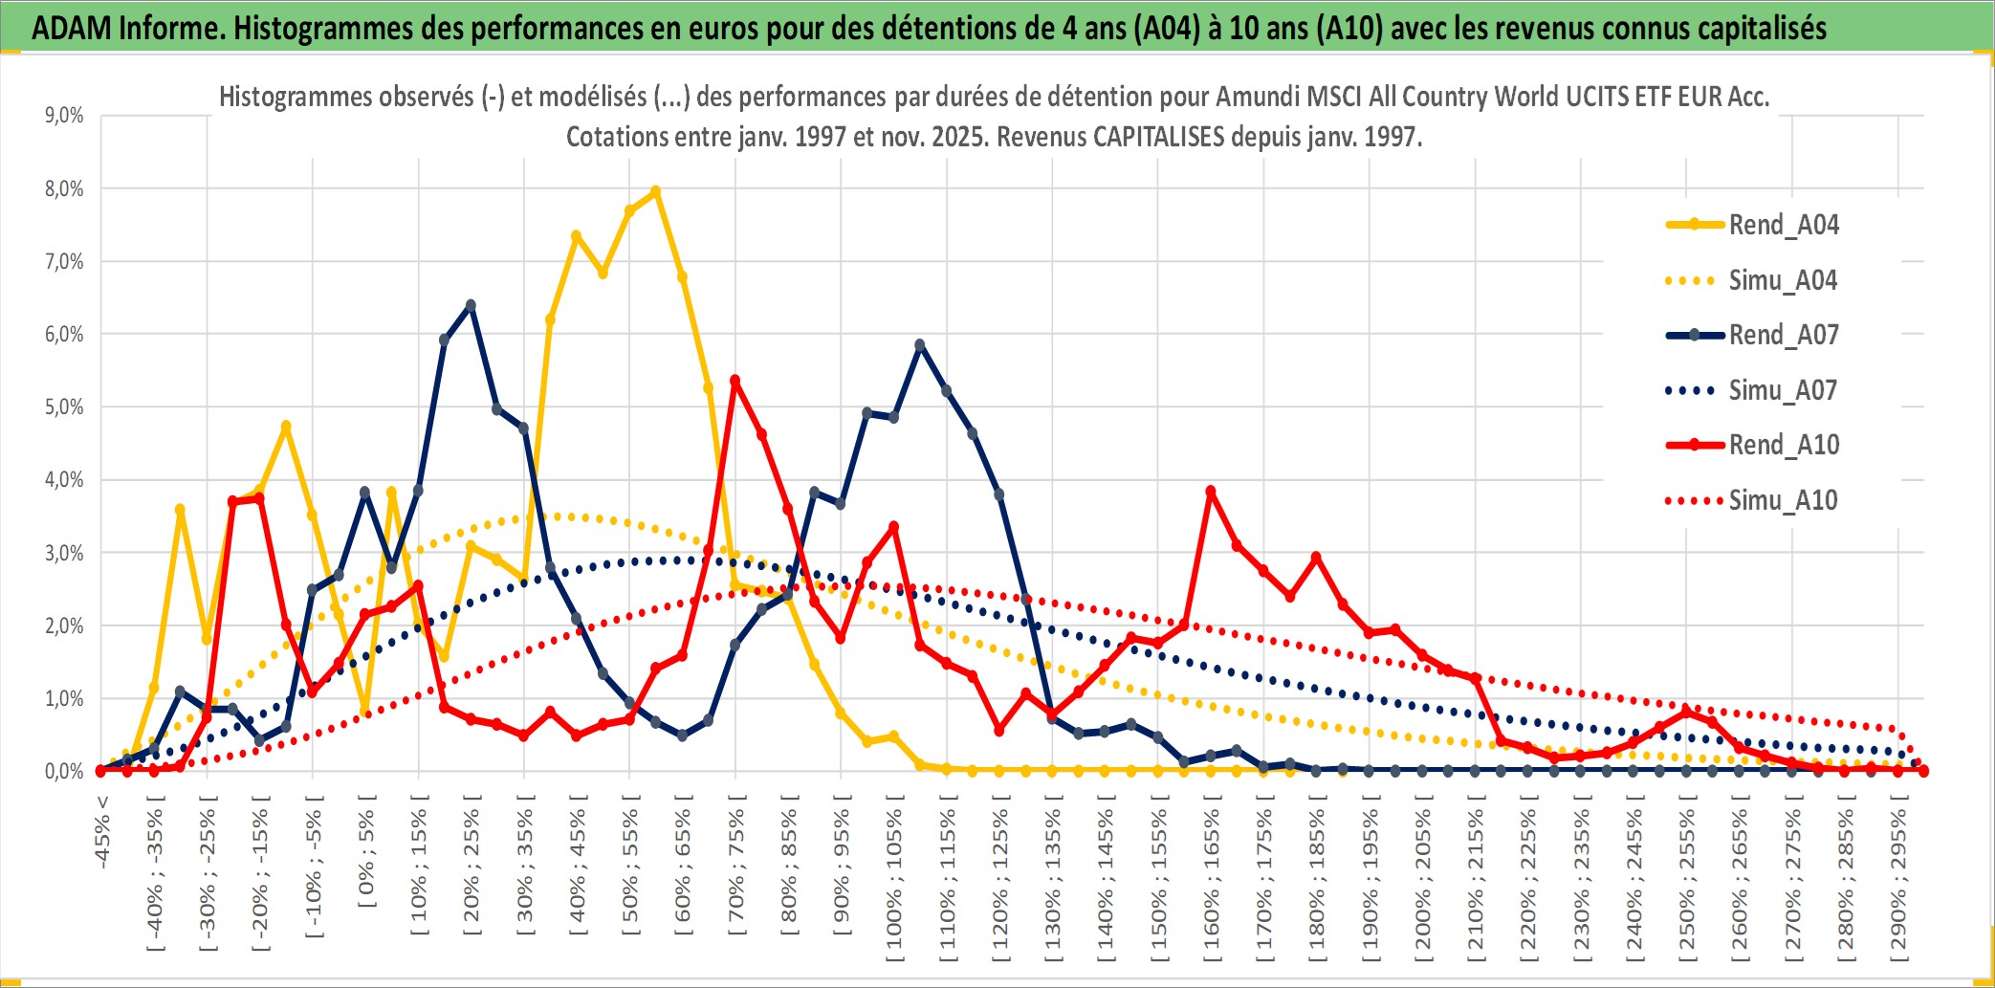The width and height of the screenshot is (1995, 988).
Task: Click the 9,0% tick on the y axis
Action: tap(64, 116)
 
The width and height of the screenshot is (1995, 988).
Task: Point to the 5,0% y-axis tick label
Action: tap(64, 407)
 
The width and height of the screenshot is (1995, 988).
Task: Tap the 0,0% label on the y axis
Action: tap(64, 771)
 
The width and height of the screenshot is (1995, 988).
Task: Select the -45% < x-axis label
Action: tap(102, 832)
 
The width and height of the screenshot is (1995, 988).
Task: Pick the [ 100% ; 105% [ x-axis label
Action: tap(894, 885)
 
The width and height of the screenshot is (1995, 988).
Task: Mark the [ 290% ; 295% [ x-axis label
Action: tap(1898, 885)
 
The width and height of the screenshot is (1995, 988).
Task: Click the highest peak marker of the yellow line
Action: tap(655, 191)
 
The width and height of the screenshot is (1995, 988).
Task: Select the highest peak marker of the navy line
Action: tap(471, 306)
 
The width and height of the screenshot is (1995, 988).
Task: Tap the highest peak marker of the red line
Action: tap(735, 381)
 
